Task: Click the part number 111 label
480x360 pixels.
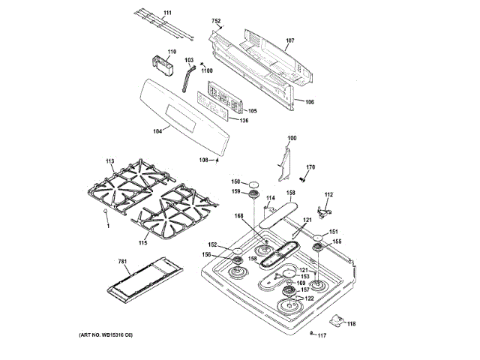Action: pos(167,13)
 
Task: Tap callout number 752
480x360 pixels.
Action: pos(217,21)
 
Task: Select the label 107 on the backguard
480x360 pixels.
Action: pos(290,40)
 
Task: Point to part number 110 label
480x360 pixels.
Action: pos(171,52)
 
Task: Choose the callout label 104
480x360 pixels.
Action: pos(157,131)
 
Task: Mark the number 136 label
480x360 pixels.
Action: pos(244,120)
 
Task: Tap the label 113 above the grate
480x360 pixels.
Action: pos(109,161)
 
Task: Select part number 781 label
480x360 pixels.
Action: pos(124,262)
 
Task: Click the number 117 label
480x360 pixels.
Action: pos(322,334)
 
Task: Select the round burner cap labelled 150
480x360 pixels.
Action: pos(256,182)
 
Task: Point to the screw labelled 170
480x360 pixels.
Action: pos(301,178)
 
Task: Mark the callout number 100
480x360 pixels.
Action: pos(292,138)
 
